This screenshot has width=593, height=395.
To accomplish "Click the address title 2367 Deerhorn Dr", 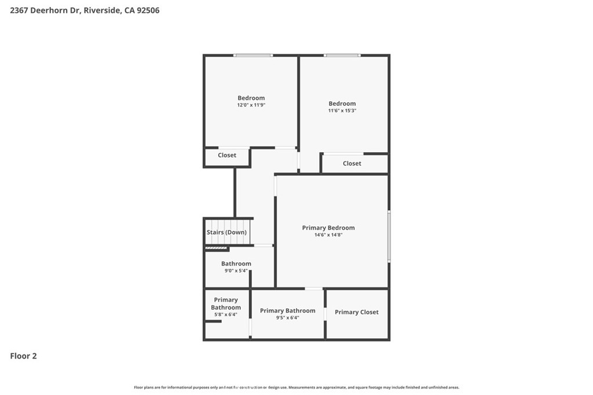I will (85, 10).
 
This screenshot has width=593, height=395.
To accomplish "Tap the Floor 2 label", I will (23, 356).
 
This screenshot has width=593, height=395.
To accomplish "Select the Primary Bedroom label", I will (328, 228).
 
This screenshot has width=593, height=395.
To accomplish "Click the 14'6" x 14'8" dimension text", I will (328, 235).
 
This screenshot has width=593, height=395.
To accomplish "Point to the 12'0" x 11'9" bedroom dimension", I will (251, 105).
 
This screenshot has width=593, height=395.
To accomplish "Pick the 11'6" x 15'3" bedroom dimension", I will (342, 110).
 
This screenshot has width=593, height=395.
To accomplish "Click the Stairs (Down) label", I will (226, 232).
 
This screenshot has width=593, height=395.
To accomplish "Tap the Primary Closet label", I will (356, 312).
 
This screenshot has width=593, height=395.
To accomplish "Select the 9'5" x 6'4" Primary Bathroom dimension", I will (287, 318).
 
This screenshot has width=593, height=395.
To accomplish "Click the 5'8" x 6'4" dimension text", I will (225, 315).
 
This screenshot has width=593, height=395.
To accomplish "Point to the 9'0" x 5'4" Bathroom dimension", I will (236, 271).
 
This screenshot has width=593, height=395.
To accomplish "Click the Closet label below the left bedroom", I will (227, 156).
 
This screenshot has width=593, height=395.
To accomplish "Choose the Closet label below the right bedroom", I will (352, 164).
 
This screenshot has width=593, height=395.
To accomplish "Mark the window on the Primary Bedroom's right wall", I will (389, 236).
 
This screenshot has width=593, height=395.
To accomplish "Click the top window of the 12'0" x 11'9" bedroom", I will (253, 56).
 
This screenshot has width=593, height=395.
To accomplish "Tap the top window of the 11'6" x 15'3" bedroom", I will (342, 56).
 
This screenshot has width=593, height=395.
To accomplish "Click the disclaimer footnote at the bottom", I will (296, 387).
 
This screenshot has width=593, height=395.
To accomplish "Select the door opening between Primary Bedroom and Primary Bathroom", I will (314, 288).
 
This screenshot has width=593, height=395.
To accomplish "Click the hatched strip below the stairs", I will (216, 249).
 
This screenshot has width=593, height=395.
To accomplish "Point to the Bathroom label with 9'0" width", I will (236, 264).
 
